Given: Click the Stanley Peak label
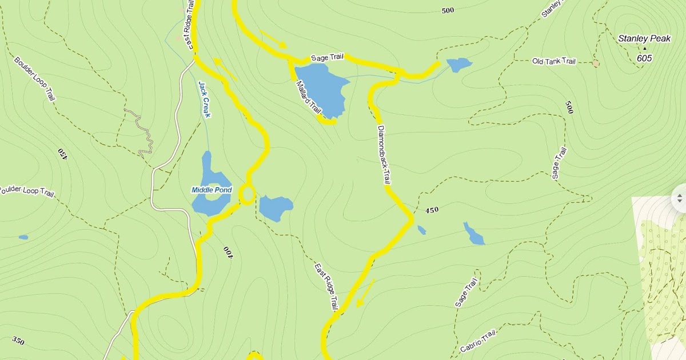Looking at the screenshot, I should [644, 39].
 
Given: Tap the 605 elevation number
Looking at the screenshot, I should [644, 58].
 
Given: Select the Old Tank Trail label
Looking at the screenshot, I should [554, 61].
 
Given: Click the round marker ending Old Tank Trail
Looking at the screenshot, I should [596, 63].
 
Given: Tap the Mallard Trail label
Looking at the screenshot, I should [309, 96].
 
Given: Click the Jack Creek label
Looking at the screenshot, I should [204, 99].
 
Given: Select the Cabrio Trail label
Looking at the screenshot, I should [477, 342].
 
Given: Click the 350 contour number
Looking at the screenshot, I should [18, 342].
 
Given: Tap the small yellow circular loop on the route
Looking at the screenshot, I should [246, 194].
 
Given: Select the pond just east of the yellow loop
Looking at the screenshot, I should [276, 207].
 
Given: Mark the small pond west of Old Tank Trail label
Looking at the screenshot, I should [459, 65].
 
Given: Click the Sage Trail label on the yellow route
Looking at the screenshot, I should [327, 58].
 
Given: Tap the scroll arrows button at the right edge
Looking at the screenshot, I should [679, 198].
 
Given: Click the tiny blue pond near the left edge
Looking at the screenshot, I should [23, 237].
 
